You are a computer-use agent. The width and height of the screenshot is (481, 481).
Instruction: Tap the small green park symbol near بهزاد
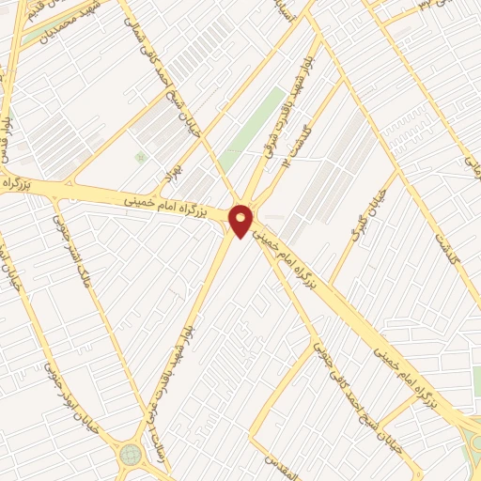[141, 156]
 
